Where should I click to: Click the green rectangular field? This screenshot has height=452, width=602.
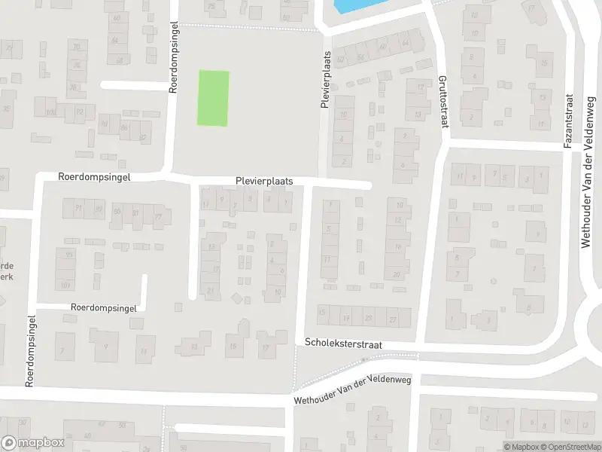[213, 98]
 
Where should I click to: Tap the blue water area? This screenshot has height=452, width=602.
[354, 6]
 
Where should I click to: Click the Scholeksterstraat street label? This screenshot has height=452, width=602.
[343, 343]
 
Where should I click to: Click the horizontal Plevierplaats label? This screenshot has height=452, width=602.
[263, 182]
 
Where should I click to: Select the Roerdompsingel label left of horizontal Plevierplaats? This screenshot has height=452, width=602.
[94, 177]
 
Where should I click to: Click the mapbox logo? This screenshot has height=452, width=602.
[32, 443]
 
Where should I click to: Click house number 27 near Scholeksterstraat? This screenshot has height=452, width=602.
[392, 319]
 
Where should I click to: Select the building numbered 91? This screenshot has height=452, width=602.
[77, 209]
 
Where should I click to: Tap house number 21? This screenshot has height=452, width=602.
[212, 291]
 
